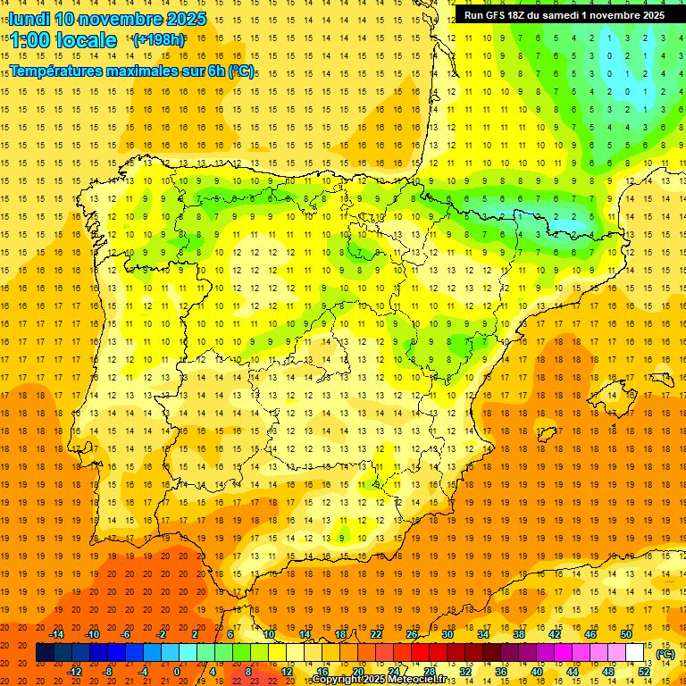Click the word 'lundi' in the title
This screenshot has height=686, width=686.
pos(29,19)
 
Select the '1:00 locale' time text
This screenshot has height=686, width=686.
pos(63,40)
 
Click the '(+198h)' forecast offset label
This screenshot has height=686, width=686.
pos(159,40)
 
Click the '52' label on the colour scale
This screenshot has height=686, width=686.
pos(644,672)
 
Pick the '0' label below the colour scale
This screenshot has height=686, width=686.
pos(177,672)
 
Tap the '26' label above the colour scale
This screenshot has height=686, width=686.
pos(412,634)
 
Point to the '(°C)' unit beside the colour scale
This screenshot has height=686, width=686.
pos(665,654)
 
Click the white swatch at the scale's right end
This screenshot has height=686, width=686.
pos(635,653)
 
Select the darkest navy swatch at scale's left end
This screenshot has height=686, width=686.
pos(45,653)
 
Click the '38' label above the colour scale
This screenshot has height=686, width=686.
pos(519,634)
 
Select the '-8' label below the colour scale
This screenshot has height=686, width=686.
pos(106,672)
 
